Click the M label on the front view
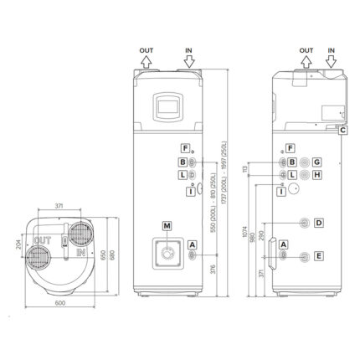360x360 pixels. point(167,227)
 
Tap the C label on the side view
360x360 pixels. point(343,130)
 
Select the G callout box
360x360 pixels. point(317,161)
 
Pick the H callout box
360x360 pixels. point(317,175)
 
